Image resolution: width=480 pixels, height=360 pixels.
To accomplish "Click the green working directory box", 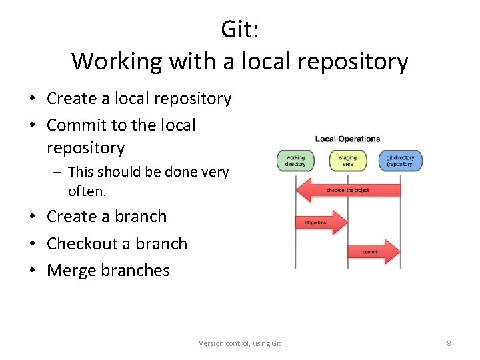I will coord(295,161).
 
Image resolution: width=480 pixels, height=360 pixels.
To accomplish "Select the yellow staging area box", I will coord(347,161).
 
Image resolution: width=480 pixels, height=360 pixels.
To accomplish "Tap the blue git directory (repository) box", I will coord(400,161).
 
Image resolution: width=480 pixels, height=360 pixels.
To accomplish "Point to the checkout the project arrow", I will coord(347,190).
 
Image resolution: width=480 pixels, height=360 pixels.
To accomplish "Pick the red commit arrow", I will coord(373,252).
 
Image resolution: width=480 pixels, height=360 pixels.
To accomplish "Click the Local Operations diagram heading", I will coord(347,139).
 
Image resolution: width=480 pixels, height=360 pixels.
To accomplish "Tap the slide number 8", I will coord(449,343).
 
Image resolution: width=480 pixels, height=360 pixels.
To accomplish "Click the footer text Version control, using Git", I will coord(240,343).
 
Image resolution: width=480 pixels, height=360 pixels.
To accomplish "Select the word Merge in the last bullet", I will coord(71,271).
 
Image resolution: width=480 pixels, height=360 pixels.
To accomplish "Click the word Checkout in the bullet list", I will coord(79,244).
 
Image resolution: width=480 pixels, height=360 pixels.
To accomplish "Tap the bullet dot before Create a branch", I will coord(32,217).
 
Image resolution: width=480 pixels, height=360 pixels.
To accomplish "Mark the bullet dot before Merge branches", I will coord(32,271).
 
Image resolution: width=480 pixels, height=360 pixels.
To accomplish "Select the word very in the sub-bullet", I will coord(214,173).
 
